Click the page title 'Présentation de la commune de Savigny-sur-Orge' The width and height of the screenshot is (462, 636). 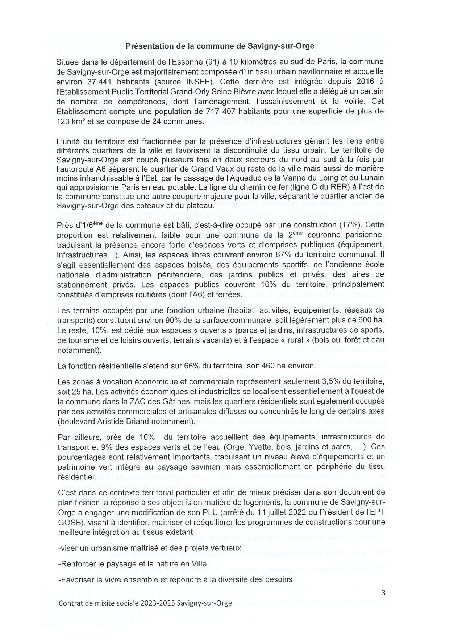coord(220,46)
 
